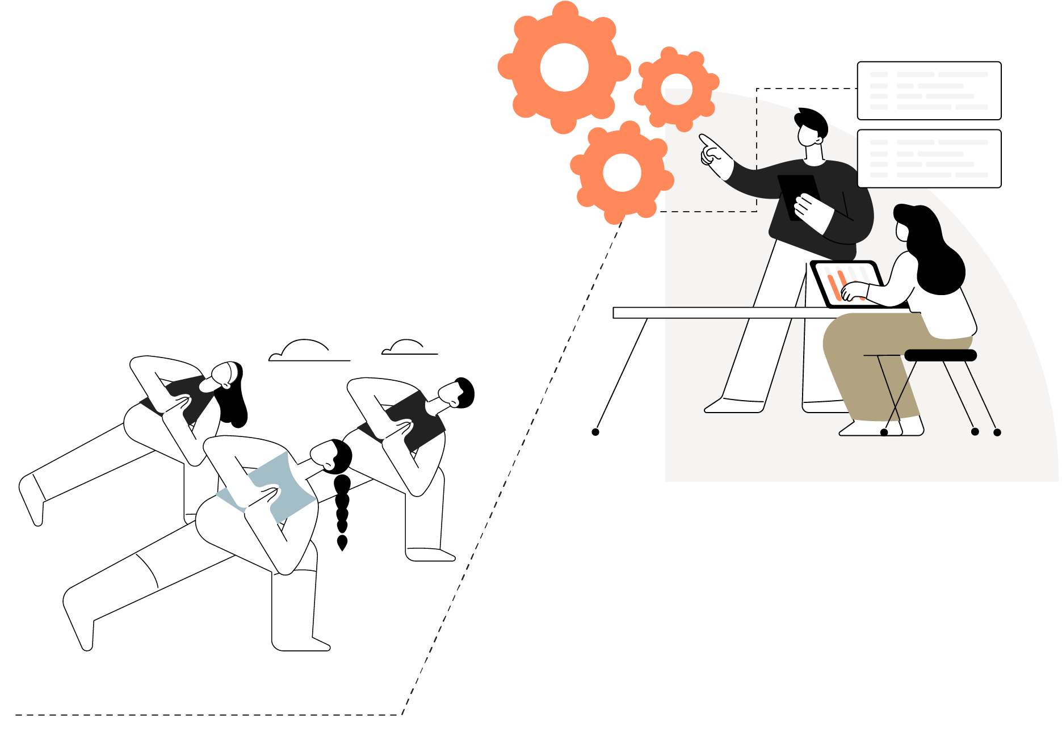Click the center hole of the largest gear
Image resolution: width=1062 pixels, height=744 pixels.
pos(564,67)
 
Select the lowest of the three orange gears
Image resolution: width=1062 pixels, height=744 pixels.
pos(622,172)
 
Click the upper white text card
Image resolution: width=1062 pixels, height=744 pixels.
pos(929,91)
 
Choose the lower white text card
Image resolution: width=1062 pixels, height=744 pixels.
pos(929,158)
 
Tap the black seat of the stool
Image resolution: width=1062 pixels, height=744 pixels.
pos(940,355)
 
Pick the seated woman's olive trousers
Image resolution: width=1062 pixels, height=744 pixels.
pos(868,358)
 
